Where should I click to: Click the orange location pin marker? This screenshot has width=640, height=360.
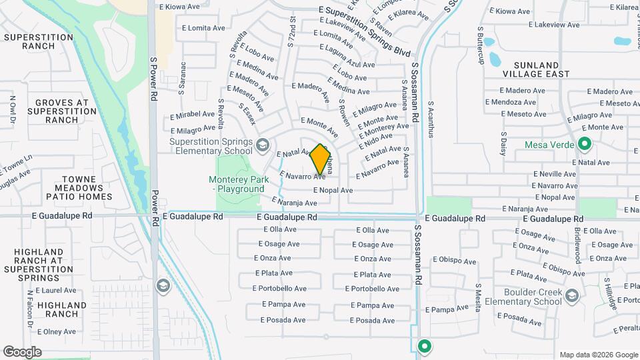coord(321,159)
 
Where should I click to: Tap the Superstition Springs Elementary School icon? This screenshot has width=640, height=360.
coord(263,144)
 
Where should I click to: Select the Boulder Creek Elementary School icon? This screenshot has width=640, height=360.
coord(571,295)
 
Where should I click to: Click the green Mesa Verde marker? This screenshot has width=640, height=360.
coord(585,144)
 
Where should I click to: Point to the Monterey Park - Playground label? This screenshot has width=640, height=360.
coord(237,184)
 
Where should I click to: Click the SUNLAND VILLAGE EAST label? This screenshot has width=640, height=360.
coord(536,69)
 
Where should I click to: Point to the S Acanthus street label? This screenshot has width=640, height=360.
coord(431,119)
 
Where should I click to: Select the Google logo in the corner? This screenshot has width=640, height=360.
coord(22,352)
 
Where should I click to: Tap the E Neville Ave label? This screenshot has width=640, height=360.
coord(553,174)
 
